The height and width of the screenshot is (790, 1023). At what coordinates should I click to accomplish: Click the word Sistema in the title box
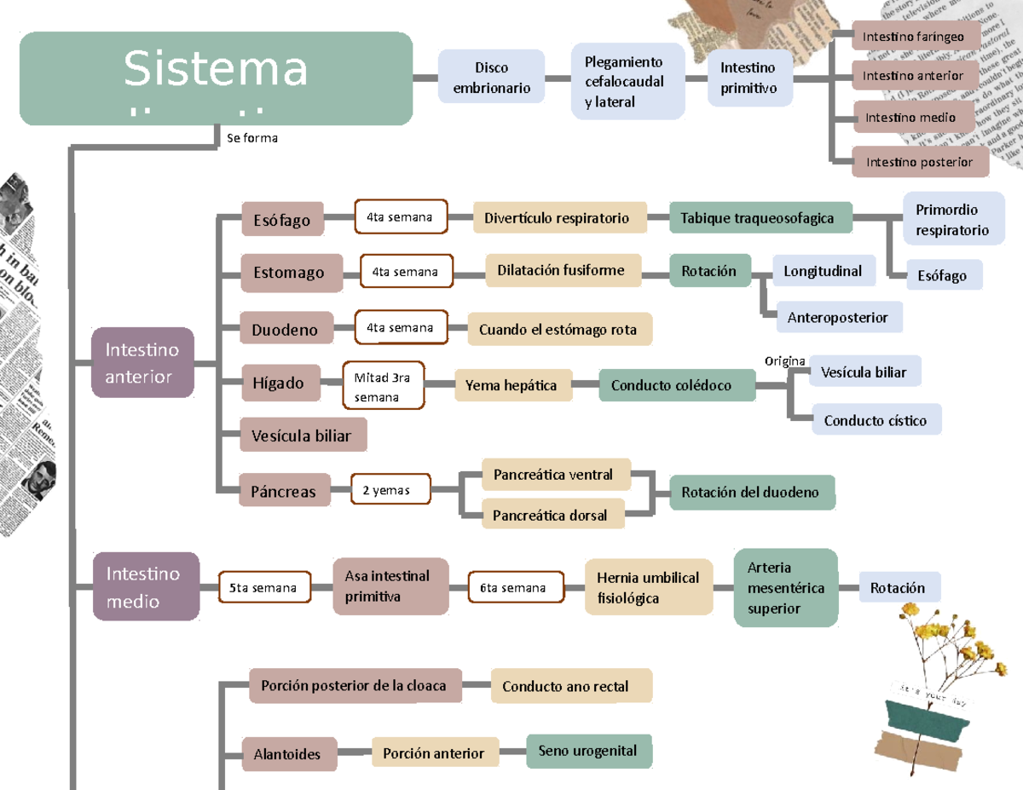(216, 69)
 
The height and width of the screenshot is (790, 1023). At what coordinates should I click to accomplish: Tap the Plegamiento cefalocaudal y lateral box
(627, 82)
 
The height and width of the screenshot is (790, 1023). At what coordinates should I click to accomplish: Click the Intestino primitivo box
(749, 78)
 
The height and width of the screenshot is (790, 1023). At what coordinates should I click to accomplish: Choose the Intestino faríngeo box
(914, 37)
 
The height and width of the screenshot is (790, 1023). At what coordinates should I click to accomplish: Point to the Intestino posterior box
(920, 162)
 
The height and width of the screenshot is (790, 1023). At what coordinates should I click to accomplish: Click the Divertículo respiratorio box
(557, 218)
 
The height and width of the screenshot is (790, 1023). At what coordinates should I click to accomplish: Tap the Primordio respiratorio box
(951, 220)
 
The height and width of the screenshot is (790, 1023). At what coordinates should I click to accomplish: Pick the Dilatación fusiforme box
(562, 271)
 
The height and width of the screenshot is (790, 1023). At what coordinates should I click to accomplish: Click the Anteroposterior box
(838, 318)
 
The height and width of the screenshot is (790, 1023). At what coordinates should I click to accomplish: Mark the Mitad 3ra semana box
(383, 387)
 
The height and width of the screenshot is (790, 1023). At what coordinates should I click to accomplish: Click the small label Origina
(784, 361)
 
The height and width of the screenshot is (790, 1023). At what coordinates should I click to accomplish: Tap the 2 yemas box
(390, 490)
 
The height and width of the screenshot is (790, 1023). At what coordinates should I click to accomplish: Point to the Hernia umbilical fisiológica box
(649, 588)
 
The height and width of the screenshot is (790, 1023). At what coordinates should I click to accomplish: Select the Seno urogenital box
(588, 751)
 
